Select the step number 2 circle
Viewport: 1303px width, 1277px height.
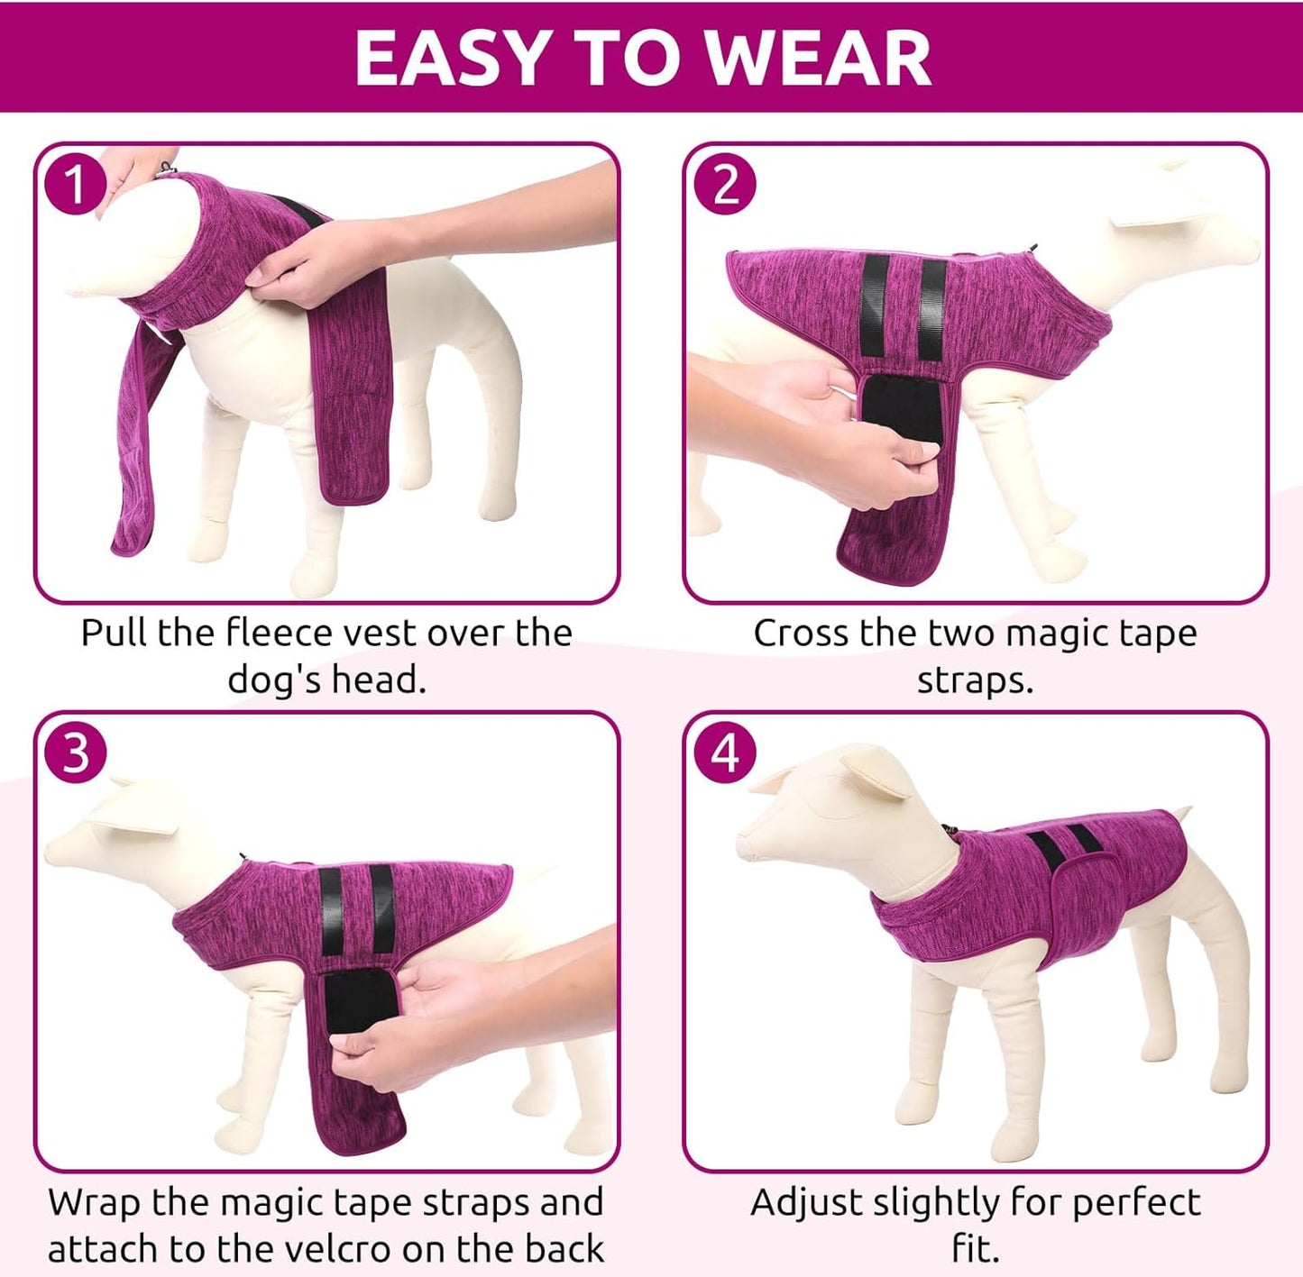(725, 184)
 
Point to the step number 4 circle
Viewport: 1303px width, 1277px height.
(725, 753)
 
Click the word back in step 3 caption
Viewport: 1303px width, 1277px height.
(564, 1248)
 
